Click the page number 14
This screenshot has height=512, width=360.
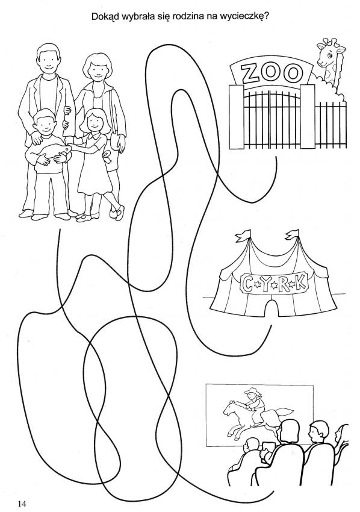(x=22, y=503)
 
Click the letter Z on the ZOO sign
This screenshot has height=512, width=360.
(x=250, y=73)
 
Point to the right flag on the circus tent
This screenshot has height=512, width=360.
(x=292, y=234)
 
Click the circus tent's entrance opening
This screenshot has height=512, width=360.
(x=272, y=308)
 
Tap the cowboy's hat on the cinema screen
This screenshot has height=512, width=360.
(x=252, y=390)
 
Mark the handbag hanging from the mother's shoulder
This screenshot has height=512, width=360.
(x=115, y=139)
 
